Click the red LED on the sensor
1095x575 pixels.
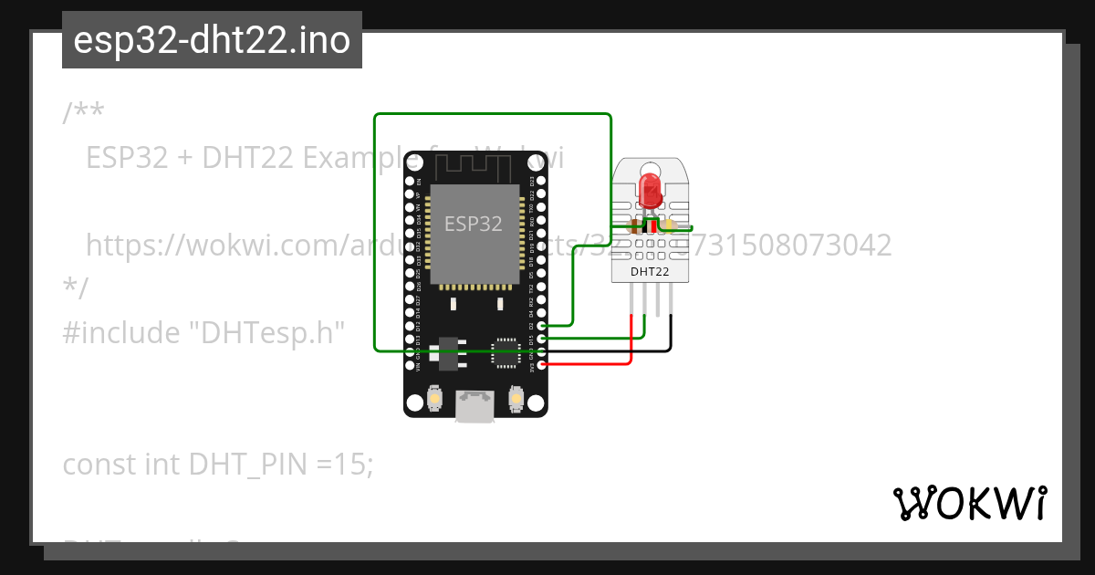click(651, 188)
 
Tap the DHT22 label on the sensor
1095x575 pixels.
click(651, 271)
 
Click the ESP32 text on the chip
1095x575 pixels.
click(473, 224)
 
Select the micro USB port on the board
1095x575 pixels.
click(475, 406)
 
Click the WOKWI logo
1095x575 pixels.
click(969, 503)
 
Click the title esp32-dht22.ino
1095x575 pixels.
click(212, 40)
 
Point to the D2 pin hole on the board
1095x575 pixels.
click(542, 326)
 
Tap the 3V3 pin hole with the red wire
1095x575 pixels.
click(542, 365)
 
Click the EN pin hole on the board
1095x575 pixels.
click(410, 181)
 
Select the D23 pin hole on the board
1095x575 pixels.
click(542, 181)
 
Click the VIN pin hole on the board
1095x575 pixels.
click(410, 365)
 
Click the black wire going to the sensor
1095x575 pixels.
click(671, 333)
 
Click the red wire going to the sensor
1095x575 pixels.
click(631, 338)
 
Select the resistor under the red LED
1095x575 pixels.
click(632, 225)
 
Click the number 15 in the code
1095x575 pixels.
click(350, 465)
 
